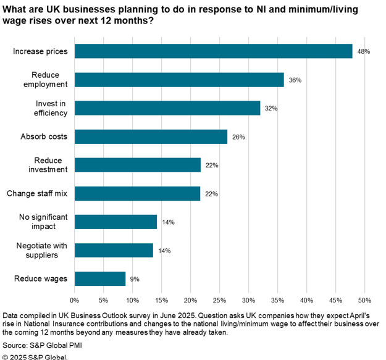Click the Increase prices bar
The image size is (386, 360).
coord(213,51)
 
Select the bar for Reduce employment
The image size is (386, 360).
coord(179,80)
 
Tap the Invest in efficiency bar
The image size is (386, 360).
coord(167,108)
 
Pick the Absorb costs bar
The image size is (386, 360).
coord(151,136)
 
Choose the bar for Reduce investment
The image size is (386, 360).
coord(138,165)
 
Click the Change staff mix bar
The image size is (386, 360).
coord(138,193)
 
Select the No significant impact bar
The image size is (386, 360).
coord(115,222)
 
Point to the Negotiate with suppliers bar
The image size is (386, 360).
coord(114,250)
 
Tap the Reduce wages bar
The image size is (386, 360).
coord(100,278)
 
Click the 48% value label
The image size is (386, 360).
coord(363,51)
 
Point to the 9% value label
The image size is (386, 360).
coord(135,279)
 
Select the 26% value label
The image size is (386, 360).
coord(239,137)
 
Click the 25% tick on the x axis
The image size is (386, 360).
coord(219,301)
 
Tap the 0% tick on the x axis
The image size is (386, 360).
coord(75,301)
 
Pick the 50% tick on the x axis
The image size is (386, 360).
coord(364,301)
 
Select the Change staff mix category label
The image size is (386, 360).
coord(37,193)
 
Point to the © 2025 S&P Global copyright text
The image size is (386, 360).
coord(35,356)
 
